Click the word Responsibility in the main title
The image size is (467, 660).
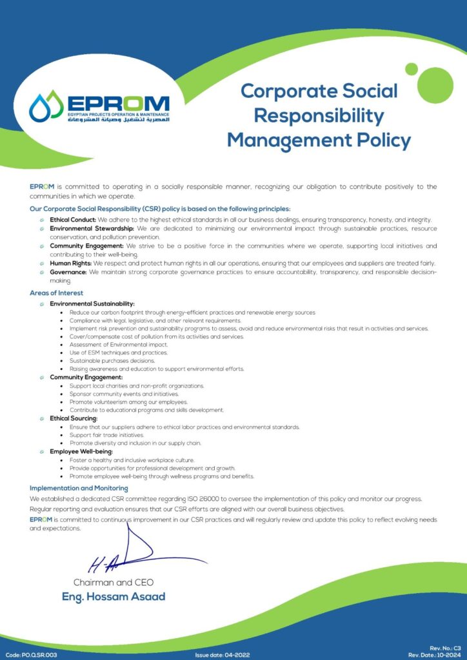point(319,115)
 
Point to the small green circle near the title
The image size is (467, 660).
point(411,69)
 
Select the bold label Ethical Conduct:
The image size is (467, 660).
point(73,220)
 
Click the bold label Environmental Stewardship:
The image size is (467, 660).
point(92,228)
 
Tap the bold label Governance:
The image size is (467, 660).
point(68,272)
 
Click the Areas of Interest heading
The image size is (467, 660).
point(56,293)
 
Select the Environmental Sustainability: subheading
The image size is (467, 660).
point(92,304)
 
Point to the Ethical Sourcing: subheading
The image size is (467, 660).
point(74,418)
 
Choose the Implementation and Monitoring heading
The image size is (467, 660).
point(79,488)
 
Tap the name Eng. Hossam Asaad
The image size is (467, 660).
point(114,596)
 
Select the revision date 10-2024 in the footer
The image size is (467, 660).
point(450,655)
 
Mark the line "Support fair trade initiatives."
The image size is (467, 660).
point(106,435)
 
